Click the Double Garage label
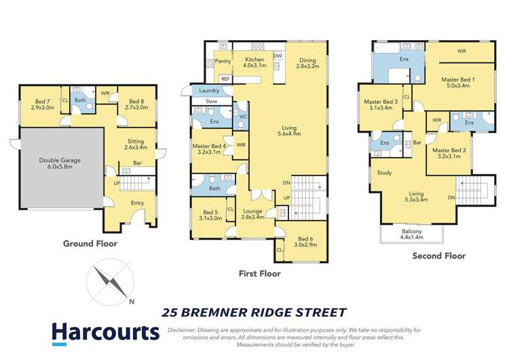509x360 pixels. [60, 164]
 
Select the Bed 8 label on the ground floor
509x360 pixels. [137, 104]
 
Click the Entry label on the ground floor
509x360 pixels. [138, 202]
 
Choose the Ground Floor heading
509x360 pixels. [90, 243]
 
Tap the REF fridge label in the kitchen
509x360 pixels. [225, 79]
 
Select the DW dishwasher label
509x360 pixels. [278, 56]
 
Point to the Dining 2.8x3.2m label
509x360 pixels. [308, 63]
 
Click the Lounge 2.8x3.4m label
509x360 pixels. [252, 213]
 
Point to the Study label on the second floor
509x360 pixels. [384, 173]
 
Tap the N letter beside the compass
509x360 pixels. [132, 302]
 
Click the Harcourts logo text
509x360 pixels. [106, 332]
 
